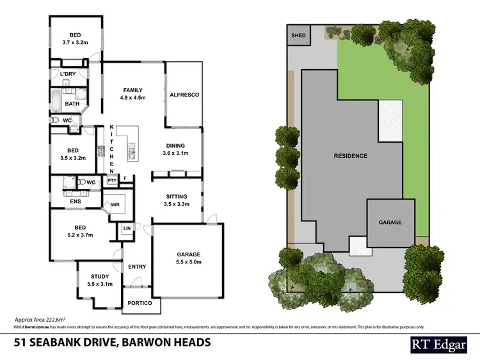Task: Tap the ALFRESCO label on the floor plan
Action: point(184,95)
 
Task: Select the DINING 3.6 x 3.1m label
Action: point(175,149)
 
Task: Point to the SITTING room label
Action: point(176,200)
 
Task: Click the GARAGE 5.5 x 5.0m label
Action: point(189,257)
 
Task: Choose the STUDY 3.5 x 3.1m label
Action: point(99,279)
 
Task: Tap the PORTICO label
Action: point(140,303)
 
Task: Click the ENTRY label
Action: point(137,267)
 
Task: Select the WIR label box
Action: point(115,205)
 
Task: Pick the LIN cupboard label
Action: point(126,228)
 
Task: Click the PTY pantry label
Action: point(112,181)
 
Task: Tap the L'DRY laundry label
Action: point(68,75)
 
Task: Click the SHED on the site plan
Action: point(298,36)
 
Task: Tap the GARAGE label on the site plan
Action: point(390,223)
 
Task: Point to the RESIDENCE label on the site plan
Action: point(351,155)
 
